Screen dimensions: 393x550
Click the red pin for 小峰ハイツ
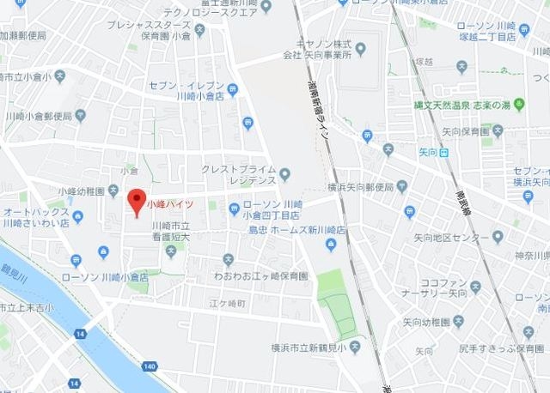135,202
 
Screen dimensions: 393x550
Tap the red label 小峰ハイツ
169,204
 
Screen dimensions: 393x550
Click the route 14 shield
80,333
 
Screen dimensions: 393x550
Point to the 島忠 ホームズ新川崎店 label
296,231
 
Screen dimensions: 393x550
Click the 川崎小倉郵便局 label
38,115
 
